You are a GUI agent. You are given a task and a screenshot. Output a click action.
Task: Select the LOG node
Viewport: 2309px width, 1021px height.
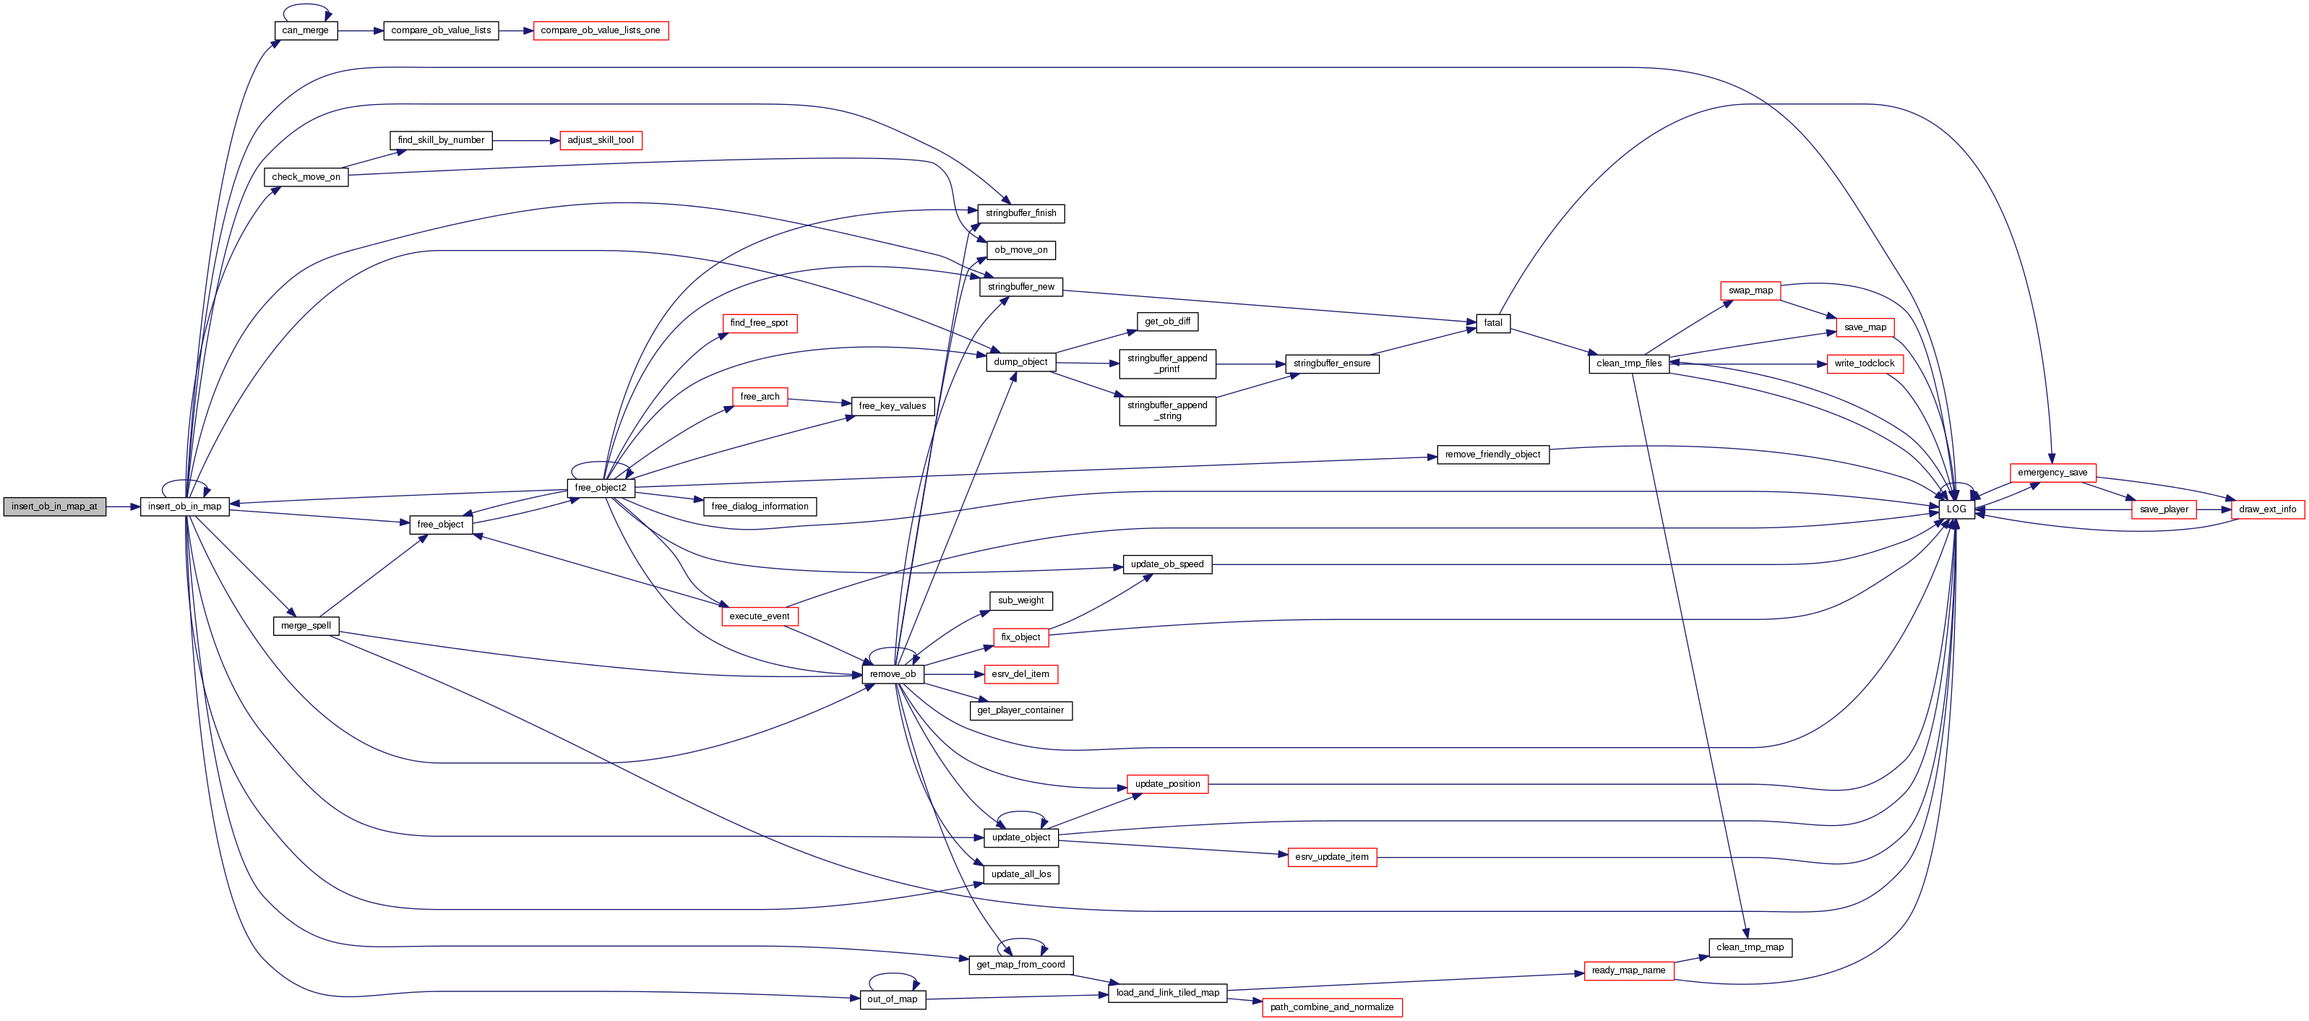coord(1956,509)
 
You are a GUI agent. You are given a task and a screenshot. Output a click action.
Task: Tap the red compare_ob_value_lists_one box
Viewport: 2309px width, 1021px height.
coord(601,30)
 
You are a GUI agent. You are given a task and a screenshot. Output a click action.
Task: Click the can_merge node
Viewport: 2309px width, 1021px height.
coord(306,30)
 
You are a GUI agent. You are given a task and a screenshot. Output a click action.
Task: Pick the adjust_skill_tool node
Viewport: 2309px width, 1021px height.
coord(601,141)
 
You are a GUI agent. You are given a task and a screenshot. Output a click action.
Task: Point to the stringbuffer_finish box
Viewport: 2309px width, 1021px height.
coord(1021,213)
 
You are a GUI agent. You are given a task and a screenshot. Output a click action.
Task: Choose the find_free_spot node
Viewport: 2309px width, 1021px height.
coord(760,323)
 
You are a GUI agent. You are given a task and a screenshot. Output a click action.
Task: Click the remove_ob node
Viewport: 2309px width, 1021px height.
coord(893,674)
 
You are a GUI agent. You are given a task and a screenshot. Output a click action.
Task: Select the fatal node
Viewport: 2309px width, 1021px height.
coord(1492,323)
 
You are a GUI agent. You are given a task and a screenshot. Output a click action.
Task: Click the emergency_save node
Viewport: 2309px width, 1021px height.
coord(2052,473)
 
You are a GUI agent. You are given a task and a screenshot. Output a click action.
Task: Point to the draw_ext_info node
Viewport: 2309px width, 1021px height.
coord(2268,509)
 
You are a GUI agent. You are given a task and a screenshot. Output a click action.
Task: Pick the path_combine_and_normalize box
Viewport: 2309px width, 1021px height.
coord(1332,1007)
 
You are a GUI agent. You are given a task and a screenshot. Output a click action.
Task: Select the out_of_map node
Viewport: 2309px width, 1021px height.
coord(893,999)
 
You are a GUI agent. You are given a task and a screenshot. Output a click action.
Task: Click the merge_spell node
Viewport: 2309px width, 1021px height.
coord(306,626)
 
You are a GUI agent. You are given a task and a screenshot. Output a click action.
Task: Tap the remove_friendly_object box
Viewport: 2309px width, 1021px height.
coord(1492,455)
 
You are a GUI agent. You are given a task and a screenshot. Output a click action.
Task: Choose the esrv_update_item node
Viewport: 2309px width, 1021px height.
coord(1332,857)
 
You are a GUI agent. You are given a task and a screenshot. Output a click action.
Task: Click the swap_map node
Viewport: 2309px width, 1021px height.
coord(1750,290)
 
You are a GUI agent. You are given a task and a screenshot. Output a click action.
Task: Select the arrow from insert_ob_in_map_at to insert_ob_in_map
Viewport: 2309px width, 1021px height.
coord(123,507)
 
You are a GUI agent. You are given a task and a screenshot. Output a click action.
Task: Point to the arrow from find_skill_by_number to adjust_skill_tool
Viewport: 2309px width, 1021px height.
coord(525,141)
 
